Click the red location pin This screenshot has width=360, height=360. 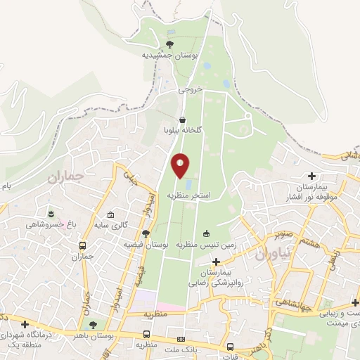pyautogui.click(x=181, y=166)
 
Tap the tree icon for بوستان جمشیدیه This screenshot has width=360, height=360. pyautogui.click(x=169, y=44)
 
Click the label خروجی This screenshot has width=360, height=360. pyautogui.click(x=190, y=90)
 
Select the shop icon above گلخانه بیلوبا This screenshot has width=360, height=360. pyautogui.click(x=183, y=120)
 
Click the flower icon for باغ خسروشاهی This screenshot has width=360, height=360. pyautogui.click(x=50, y=212)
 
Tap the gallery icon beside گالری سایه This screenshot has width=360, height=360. pyautogui.click(x=110, y=215)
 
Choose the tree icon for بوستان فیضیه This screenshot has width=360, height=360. pyautogui.click(x=146, y=233)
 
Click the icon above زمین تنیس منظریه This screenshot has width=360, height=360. pyautogui.click(x=206, y=233)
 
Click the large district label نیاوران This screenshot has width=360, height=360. pyautogui.click(x=268, y=256)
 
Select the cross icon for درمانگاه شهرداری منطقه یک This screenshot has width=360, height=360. pyautogui.click(x=26, y=324)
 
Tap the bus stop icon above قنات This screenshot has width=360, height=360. pyautogui.click(x=231, y=347)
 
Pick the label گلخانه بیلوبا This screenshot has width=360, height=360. pyautogui.click(x=183, y=131)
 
